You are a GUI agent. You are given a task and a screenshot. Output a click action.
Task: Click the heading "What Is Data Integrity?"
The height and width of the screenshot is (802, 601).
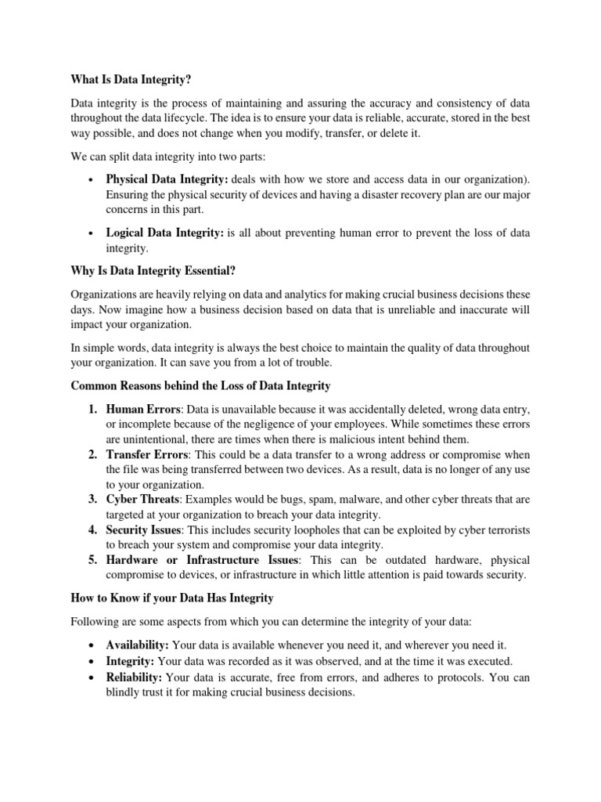131,78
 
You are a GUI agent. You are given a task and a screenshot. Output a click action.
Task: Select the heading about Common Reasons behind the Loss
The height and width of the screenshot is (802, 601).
201,386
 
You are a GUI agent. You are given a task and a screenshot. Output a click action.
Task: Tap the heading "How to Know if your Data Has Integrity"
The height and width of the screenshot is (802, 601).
172,598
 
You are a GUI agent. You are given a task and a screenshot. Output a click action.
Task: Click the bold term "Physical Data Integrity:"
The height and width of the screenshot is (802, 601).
167,179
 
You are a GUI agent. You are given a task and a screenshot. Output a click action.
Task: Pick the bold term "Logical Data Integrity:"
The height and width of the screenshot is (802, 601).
165,233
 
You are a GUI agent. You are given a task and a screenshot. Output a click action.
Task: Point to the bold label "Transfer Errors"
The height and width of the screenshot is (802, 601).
147,455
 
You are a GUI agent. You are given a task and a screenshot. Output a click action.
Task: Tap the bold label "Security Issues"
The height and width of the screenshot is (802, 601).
145,530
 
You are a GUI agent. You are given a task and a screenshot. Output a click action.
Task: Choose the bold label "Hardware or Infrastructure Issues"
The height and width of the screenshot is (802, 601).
203,561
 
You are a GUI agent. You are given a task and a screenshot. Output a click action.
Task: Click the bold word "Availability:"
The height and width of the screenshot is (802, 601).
138,645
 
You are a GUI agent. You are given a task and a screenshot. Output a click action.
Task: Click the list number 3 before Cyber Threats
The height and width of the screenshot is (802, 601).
92,500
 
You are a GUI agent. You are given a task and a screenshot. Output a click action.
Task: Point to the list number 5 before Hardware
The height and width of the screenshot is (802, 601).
92,561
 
